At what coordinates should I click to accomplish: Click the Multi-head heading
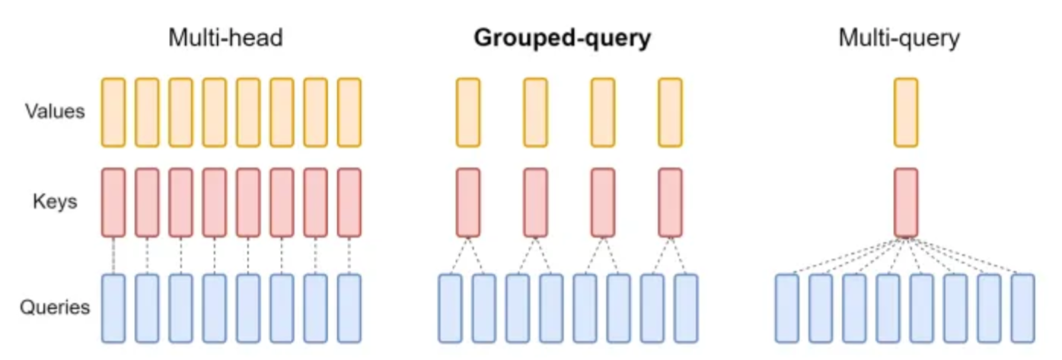(x=225, y=37)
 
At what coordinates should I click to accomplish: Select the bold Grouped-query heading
(x=563, y=38)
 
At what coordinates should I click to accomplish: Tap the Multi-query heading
(x=899, y=38)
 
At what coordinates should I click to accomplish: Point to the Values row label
(x=55, y=111)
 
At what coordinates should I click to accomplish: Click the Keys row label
(x=55, y=202)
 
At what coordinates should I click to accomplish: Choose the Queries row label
(x=55, y=307)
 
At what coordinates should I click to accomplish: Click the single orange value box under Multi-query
(x=906, y=113)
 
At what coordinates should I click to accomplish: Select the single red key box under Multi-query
(x=906, y=202)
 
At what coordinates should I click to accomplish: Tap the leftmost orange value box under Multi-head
(x=113, y=113)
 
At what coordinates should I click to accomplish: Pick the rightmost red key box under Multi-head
(x=349, y=202)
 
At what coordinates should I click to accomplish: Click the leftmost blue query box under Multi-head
(x=113, y=308)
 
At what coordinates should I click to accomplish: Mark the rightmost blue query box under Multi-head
(x=349, y=308)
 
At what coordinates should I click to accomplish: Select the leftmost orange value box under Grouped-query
(x=468, y=113)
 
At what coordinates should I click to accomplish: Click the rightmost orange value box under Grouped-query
(x=671, y=113)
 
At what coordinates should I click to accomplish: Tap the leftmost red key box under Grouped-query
(x=468, y=202)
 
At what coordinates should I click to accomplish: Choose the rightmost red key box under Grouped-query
(x=671, y=202)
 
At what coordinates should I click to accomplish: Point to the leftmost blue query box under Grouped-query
(x=451, y=308)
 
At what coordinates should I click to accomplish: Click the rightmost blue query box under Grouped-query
(x=686, y=308)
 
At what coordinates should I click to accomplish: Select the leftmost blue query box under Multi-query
(x=787, y=308)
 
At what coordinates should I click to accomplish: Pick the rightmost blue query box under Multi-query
(x=1023, y=308)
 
